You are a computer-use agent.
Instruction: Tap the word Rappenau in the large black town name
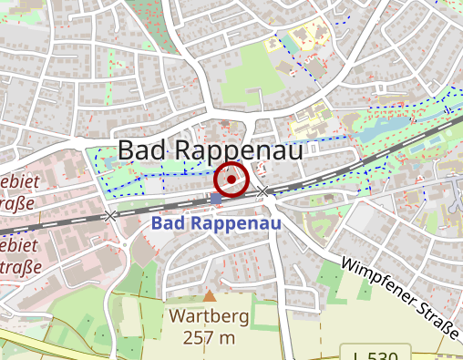coord(239,151)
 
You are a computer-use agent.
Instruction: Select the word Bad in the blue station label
coord(169,222)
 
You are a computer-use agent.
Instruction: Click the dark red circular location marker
coord(231,180)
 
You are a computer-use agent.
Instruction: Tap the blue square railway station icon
coord(216,198)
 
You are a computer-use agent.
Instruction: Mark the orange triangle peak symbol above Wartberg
coord(211,296)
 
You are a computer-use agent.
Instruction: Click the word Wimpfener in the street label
coord(378,280)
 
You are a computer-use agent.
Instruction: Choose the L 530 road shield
coord(377,354)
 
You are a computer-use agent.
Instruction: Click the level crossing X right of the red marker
coord(263,191)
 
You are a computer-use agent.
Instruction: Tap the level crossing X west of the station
coord(111,216)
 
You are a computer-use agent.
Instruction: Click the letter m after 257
coord(227,339)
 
